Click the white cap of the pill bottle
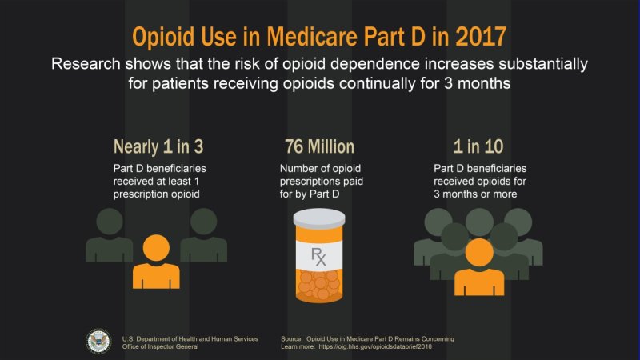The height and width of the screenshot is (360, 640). [x=319, y=217]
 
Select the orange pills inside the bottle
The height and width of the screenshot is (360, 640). [x=319, y=284]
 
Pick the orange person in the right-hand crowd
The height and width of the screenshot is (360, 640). [x=478, y=266]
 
